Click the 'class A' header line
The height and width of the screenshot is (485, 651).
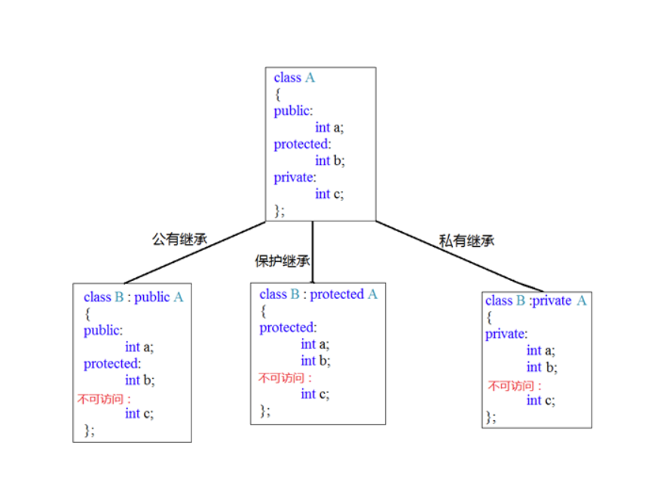tap(295, 78)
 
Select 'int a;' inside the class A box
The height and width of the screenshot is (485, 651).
tap(329, 127)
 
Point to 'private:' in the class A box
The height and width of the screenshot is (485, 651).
tap(293, 177)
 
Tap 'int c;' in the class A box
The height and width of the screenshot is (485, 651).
tap(329, 194)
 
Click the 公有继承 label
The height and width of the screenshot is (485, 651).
tap(179, 239)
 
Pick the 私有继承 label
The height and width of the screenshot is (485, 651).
tap(466, 241)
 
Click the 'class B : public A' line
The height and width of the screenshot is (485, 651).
tap(133, 297)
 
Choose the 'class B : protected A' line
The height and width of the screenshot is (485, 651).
tap(318, 294)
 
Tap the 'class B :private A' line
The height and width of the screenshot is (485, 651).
tap(536, 300)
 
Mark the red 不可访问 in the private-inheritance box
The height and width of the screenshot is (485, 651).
tap(515, 386)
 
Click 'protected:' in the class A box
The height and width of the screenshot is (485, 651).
tap(302, 144)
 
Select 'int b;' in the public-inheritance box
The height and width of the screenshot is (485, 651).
tap(139, 380)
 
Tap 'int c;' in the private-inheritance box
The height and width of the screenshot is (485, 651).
tap(540, 401)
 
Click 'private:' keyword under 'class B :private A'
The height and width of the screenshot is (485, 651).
tap(506, 334)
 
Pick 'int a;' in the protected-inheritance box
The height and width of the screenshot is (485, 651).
tap(315, 344)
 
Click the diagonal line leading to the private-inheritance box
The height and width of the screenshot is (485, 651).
tap(460, 256)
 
